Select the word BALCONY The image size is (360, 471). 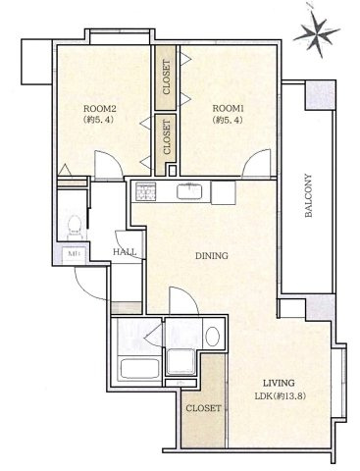[308, 195]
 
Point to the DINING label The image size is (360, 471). [212, 256]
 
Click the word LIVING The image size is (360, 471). [280, 383]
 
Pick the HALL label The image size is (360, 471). [125, 252]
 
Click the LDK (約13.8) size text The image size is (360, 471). [281, 396]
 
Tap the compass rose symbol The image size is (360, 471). [317, 33]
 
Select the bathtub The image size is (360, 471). [139, 369]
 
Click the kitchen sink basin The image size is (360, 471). [189, 192]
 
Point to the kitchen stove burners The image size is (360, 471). [145, 190]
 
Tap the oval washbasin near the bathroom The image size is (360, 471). [213, 337]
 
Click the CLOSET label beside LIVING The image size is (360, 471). [203, 408]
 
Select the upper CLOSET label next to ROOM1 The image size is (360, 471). [167, 78]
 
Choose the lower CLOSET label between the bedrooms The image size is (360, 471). [167, 136]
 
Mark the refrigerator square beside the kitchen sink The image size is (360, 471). [224, 192]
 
